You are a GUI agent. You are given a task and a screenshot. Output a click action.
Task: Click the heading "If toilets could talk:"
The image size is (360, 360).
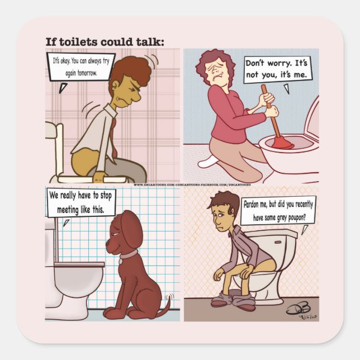(x=105, y=41)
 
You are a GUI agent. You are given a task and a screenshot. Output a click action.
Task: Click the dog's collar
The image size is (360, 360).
(x=129, y=254)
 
